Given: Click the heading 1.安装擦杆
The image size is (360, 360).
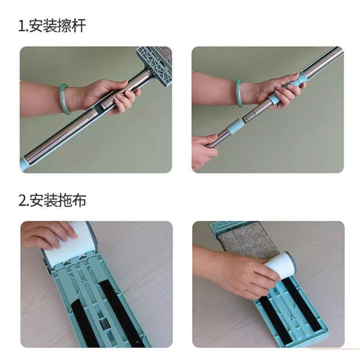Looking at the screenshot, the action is [52, 26].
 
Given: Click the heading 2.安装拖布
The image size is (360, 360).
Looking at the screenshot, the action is [52, 200].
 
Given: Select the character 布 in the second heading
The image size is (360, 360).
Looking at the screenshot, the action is [79, 200].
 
